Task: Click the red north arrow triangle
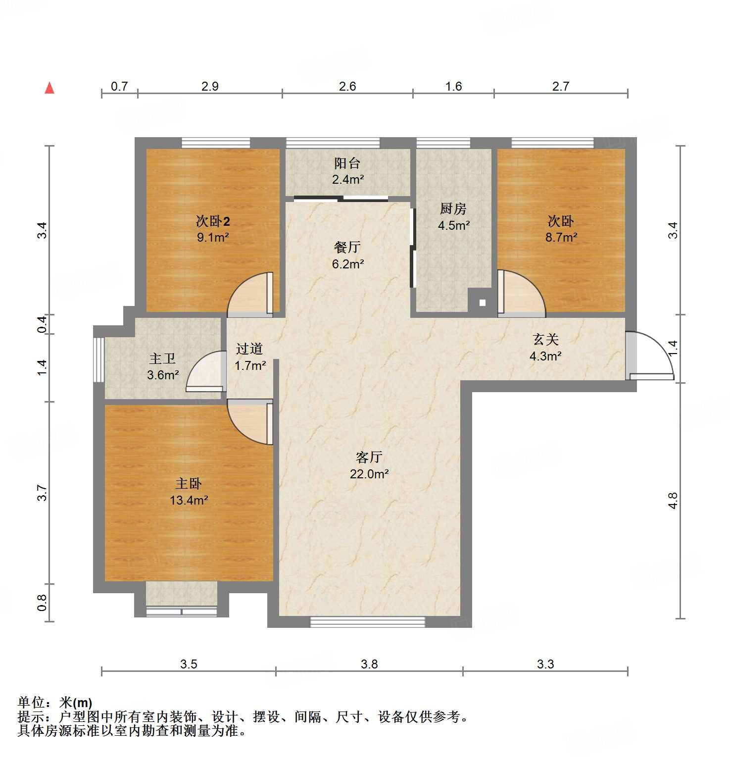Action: (49, 88)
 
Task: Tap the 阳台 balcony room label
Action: (347, 163)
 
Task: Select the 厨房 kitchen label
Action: (453, 209)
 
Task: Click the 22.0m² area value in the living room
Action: (369, 474)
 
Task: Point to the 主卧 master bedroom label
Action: (189, 484)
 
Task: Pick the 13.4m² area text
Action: (189, 501)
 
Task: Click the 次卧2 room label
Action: (213, 221)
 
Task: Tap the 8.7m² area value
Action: (561, 238)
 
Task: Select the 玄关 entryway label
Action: (545, 340)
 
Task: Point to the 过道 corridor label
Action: (249, 349)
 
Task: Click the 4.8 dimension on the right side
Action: (672, 501)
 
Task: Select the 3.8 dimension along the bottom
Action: (369, 664)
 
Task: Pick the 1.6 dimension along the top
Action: (453, 86)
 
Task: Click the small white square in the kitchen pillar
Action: (483, 303)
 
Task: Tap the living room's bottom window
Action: (367, 622)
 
